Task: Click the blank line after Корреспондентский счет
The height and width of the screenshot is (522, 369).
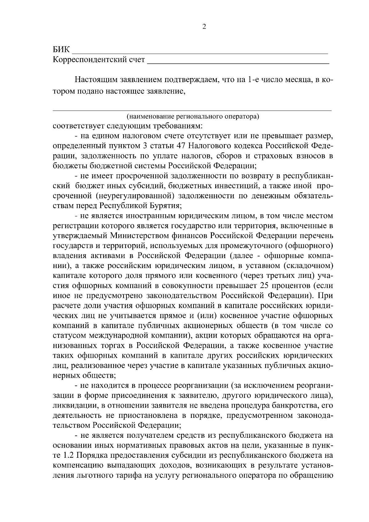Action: coord(238,63)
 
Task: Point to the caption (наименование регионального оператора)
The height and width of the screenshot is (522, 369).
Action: coord(192,117)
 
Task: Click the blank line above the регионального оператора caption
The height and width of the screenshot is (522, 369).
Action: coord(192,110)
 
